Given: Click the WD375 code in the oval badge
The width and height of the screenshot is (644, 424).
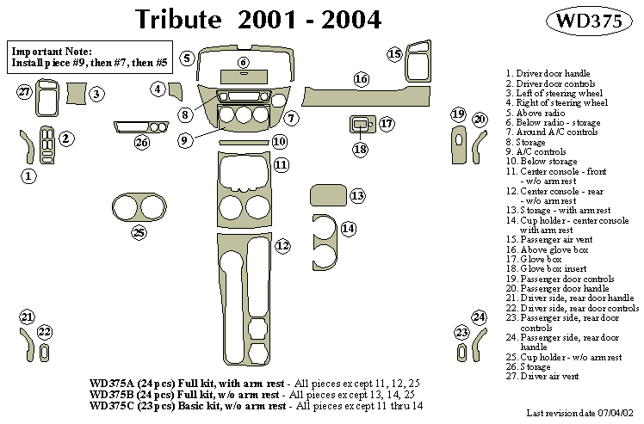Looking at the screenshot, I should coord(591,23).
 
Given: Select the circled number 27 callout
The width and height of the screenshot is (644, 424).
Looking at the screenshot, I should coord(24,92).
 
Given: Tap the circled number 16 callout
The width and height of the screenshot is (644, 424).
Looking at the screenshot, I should coord(362,80).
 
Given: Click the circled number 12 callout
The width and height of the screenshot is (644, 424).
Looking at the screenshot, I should coord(282,246).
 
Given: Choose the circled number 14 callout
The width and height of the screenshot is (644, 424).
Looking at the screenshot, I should coord(349,229).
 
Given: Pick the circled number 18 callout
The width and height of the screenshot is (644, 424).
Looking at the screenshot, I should coord(360,149).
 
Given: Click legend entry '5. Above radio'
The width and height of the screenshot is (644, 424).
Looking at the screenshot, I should coord(535,113).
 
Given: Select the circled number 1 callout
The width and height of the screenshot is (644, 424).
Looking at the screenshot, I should coord(29,176).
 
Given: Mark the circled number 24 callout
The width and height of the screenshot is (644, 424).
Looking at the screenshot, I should coord(480,318).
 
